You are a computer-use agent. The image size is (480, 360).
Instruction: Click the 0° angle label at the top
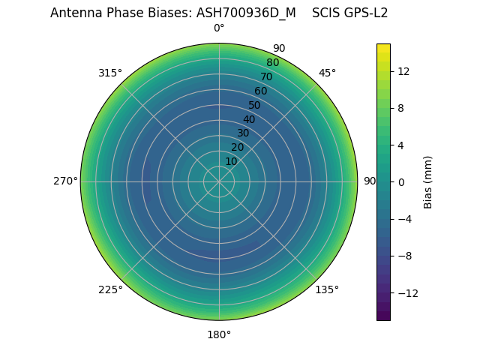tap(219, 28)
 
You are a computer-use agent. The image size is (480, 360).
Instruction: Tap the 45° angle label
tap(327, 73)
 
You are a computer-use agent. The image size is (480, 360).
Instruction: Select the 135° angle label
tap(327, 289)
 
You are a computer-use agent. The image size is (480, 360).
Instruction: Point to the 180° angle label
tap(219, 334)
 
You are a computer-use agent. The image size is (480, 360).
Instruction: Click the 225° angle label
tap(110, 289)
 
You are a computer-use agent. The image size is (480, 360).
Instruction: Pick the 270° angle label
tap(65, 181)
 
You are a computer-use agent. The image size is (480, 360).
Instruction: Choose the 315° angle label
tap(110, 73)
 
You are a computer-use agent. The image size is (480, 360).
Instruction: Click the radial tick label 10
tap(231, 161)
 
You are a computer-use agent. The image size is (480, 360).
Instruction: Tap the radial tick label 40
tap(249, 119)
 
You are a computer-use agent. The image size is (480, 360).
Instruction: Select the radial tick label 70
tap(266, 76)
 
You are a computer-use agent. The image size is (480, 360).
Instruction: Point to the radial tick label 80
tap(272, 62)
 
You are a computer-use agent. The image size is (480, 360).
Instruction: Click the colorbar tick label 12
tap(403, 71)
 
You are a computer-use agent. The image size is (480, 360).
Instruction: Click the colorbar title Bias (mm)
tap(428, 181)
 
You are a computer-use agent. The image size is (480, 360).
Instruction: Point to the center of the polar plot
tap(219, 181)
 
